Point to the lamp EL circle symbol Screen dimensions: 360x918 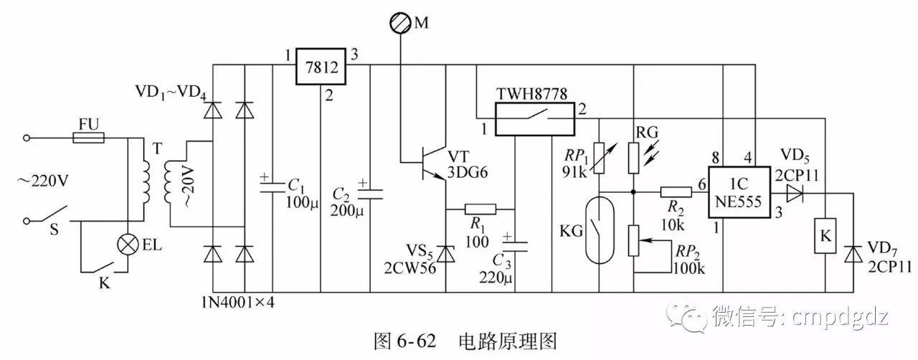pyautogui.click(x=128, y=244)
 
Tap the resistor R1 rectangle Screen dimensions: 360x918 pyautogui.click(x=480, y=209)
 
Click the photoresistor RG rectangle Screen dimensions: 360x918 pyautogui.click(x=634, y=157)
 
